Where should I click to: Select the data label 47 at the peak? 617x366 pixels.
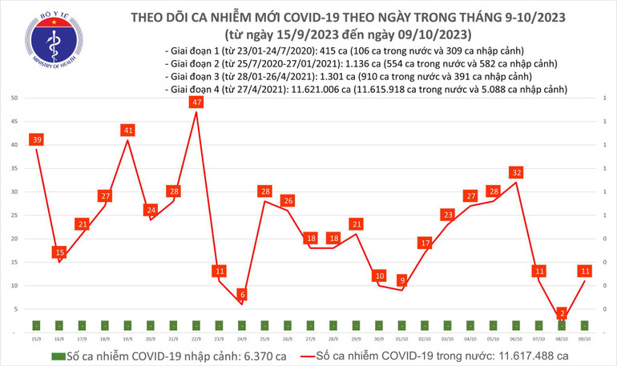point(196,103)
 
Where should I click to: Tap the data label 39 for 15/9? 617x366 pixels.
point(37,139)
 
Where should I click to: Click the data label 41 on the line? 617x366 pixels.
point(127,130)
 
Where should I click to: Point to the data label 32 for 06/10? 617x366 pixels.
point(517,172)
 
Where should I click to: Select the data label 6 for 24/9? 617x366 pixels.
point(241,295)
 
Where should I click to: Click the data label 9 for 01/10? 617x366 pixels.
point(402,280)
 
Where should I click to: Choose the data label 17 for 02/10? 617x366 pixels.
point(425,243)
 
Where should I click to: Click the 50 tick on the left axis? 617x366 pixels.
point(15,98)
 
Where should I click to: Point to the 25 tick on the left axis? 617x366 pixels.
point(15,215)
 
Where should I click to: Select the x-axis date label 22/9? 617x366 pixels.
point(196,339)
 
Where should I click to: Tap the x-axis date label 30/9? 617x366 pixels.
point(378,339)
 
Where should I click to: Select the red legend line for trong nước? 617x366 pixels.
point(296,355)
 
